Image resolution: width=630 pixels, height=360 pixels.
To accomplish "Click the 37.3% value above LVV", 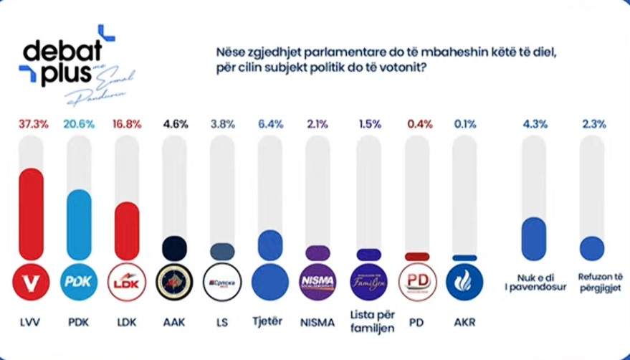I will [32, 124].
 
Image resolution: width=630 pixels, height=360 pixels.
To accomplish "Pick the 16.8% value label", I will [127, 124].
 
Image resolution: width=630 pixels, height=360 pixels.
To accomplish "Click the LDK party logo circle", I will [127, 282].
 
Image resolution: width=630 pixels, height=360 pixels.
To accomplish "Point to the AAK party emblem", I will [174, 282].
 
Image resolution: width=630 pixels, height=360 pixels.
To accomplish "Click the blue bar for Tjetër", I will [269, 245].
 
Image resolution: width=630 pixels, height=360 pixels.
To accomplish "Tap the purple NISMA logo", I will [317, 282].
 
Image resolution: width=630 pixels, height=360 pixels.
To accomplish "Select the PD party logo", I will [417, 282].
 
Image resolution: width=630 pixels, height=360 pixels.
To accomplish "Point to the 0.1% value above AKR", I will [464, 124].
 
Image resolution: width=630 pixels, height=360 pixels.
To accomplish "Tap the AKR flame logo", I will [464, 282].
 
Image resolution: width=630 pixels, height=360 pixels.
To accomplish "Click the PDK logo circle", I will [79, 282].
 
